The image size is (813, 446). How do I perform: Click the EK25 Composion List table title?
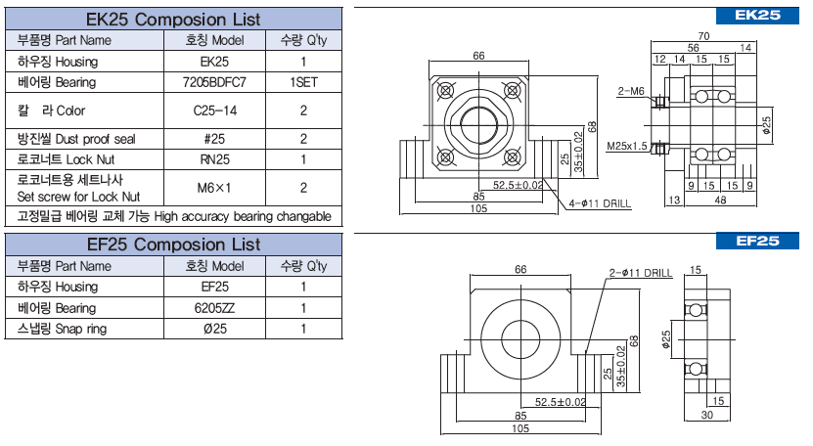[x=173, y=19]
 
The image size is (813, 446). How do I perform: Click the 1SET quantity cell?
[x=304, y=82]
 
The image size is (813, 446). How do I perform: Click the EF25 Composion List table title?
[x=173, y=244]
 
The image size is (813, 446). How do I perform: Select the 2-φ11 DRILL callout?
[x=641, y=273]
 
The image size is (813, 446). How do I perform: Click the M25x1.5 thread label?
[x=627, y=146]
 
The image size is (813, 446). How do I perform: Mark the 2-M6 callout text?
[x=631, y=91]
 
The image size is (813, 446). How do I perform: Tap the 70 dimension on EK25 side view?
[x=703, y=36]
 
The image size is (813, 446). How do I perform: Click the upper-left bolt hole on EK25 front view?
[x=444, y=91]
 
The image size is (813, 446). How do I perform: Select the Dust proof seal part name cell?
[x=85, y=139]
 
